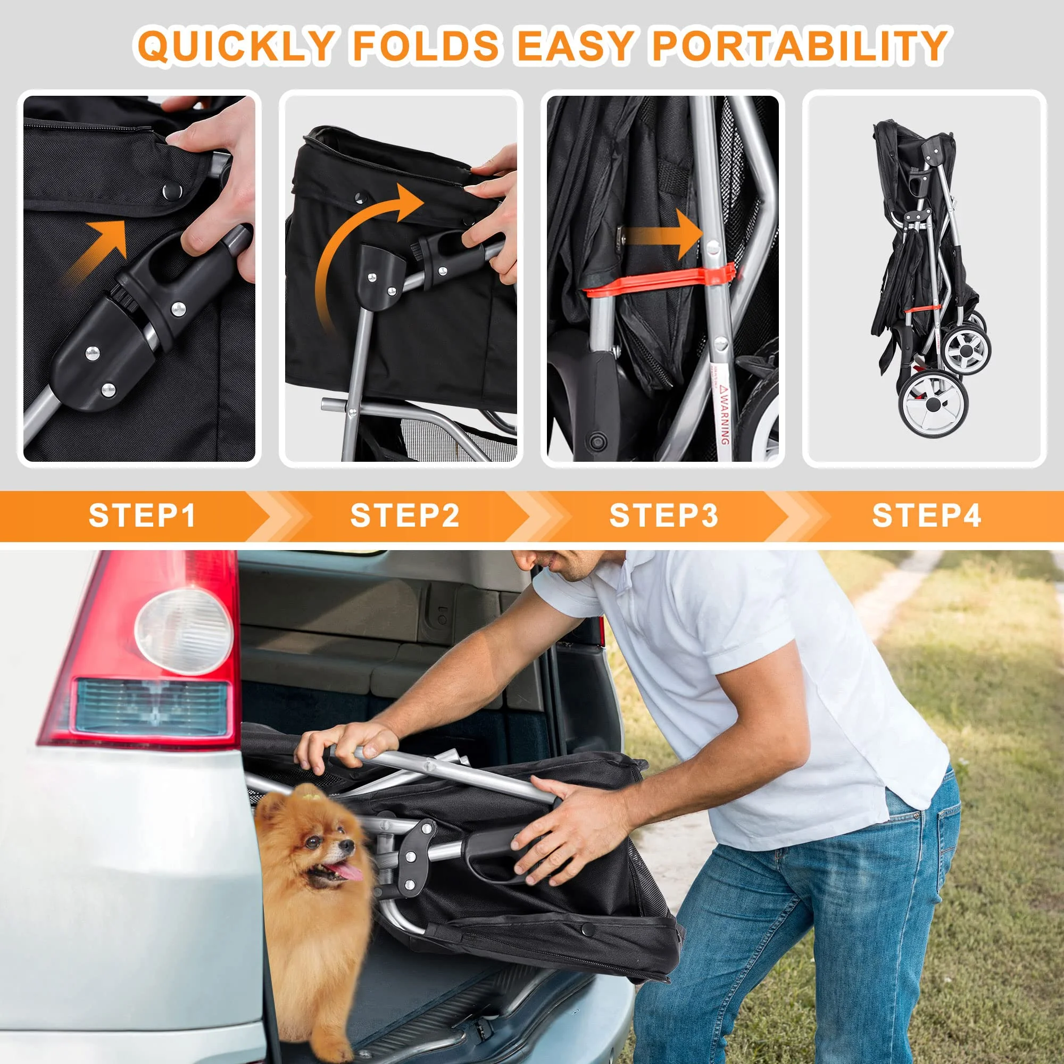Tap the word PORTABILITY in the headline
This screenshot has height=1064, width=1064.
[x=799, y=45]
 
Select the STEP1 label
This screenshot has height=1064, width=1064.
[x=142, y=516]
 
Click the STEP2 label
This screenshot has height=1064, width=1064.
[x=405, y=516]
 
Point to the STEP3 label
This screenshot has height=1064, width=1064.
[x=663, y=516]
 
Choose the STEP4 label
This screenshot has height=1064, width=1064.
[x=926, y=516]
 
